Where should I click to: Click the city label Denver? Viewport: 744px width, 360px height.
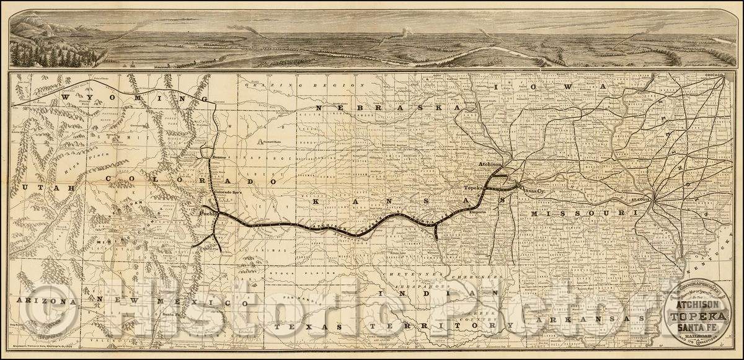(x=216, y=158)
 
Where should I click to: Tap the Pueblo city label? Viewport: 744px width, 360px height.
(x=207, y=214)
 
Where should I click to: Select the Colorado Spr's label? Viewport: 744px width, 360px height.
(x=226, y=193)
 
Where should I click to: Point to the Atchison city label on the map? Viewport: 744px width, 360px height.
(x=490, y=164)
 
